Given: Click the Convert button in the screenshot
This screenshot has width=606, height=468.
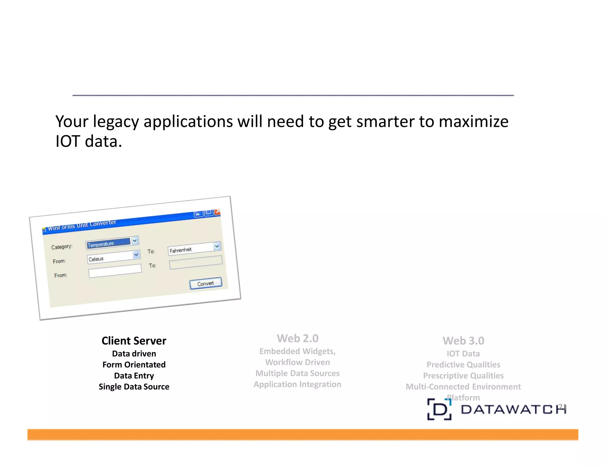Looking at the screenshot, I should point(206,283).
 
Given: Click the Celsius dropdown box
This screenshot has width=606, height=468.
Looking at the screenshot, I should point(110,257).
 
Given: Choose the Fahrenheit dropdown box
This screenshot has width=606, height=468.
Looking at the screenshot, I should point(191,249).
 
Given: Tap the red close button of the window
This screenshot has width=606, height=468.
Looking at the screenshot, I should point(218,212).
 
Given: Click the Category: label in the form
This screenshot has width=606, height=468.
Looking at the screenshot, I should point(62,247).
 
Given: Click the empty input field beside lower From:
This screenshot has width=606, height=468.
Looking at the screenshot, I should point(115,271).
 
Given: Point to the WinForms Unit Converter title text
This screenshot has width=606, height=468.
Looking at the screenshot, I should point(82,225).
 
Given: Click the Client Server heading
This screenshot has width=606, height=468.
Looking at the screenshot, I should point(134,341).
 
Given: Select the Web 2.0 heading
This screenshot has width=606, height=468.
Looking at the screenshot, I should point(297,338).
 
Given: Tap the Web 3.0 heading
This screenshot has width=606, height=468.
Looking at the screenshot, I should point(463,341).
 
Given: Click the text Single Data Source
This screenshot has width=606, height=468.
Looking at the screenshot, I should point(134,387).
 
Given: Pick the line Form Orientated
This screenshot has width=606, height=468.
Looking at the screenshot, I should point(134,364).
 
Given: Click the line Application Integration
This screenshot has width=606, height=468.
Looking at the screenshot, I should point(297,384).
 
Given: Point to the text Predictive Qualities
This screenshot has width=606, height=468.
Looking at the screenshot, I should point(463,364).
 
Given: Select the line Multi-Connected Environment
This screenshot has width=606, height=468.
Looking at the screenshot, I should point(463,387).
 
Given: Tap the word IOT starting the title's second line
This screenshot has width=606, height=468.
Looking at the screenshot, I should point(68,141).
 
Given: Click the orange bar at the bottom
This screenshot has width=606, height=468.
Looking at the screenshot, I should point(302,435).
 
